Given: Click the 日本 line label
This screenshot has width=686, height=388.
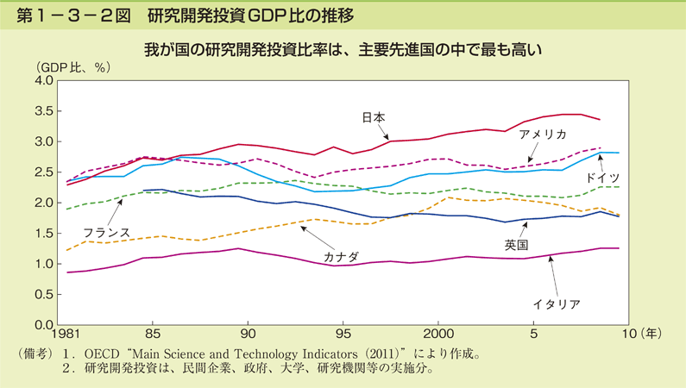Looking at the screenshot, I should pyautogui.click(x=373, y=117).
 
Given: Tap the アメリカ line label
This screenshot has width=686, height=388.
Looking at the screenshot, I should pyautogui.click(x=542, y=135).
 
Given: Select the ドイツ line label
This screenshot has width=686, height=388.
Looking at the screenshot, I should pyautogui.click(x=602, y=178).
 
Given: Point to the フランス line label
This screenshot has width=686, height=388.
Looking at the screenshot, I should pyautogui.click(x=107, y=232).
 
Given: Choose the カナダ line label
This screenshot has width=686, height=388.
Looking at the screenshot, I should pyautogui.click(x=341, y=256).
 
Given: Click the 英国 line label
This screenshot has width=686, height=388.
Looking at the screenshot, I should pyautogui.click(x=515, y=247).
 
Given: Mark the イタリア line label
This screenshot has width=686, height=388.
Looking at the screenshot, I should pyautogui.click(x=556, y=303).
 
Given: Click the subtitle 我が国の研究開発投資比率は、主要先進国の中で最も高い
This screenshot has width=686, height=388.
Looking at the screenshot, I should pyautogui.click(x=343, y=49).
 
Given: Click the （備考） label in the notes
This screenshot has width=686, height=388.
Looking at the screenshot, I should pyautogui.click(x=35, y=354).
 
